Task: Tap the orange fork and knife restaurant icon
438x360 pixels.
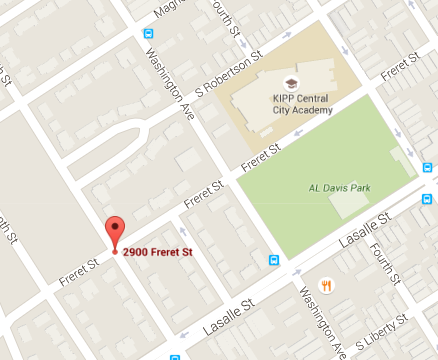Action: click(326, 284)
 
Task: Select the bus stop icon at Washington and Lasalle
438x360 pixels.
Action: click(274, 261)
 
